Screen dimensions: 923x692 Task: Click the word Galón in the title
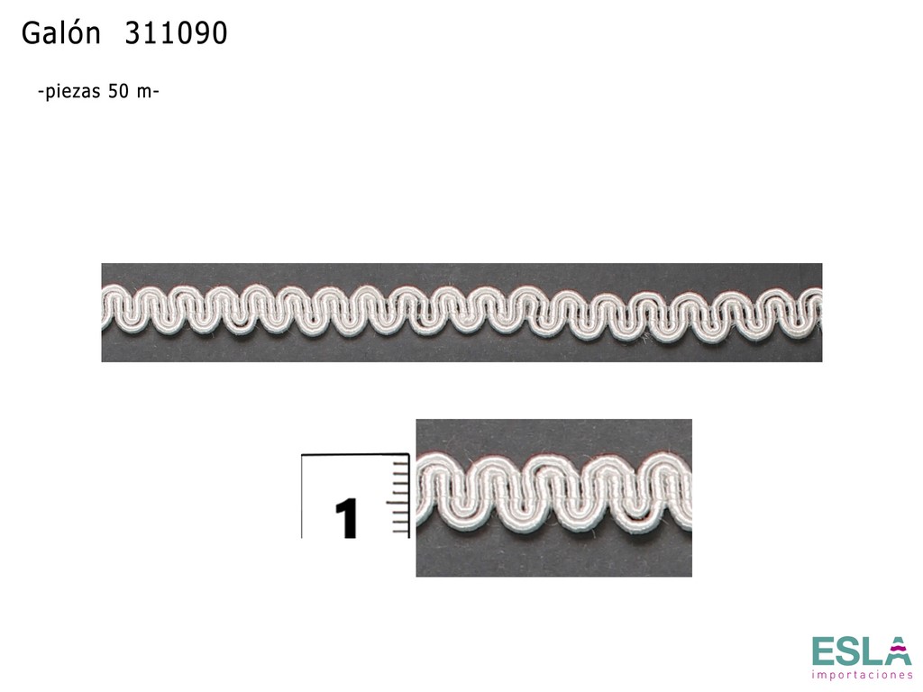point(60,33)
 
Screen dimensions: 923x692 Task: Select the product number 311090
point(176,33)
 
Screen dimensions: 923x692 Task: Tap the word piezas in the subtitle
point(74,93)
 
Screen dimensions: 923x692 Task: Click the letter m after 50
point(144,93)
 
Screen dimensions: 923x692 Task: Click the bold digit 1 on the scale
point(347,518)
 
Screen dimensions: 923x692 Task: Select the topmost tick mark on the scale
point(400,463)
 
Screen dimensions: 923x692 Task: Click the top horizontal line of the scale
point(355,454)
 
